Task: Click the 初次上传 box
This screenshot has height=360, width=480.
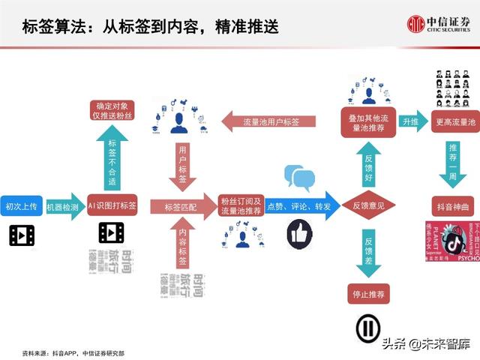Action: (x=21, y=206)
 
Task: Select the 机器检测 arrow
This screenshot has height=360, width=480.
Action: (x=64, y=206)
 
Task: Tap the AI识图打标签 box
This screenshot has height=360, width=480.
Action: (x=112, y=206)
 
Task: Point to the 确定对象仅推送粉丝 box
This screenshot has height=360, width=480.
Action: (x=112, y=110)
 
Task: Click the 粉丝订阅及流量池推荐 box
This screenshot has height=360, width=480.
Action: (x=241, y=206)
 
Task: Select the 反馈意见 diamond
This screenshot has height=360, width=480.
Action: (x=368, y=205)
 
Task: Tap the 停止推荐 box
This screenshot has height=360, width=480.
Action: (x=368, y=295)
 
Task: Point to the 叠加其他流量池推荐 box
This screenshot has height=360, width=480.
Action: (x=367, y=123)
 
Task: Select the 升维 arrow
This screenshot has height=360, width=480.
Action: (x=411, y=121)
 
